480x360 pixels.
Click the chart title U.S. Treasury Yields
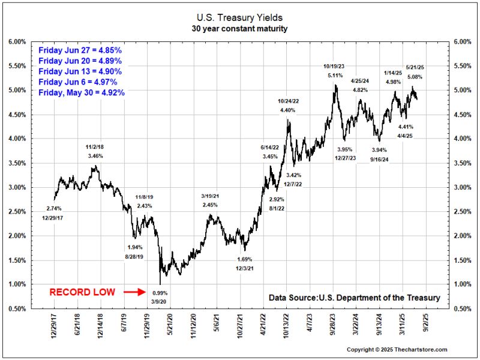click(x=239, y=18)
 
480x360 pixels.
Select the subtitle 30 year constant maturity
click(x=239, y=29)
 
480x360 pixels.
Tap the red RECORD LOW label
click(x=82, y=293)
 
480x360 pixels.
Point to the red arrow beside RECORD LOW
click(x=134, y=293)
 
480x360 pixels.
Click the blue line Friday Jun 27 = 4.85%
click(x=80, y=50)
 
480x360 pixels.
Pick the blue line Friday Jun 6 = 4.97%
click(x=77, y=82)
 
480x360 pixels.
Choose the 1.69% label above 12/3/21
click(x=245, y=259)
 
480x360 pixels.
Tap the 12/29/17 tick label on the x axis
click(x=55, y=327)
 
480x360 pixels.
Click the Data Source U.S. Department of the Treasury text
click(x=354, y=298)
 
